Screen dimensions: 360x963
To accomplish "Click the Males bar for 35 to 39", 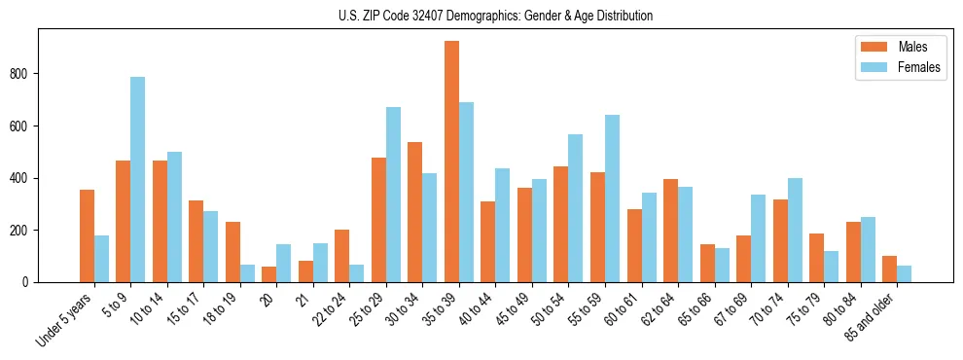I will coord(451,162).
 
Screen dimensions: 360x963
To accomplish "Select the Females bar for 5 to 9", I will coord(138,180).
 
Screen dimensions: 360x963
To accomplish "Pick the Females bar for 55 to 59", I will coord(612,198).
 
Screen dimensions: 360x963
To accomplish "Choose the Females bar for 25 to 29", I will coord(393,195).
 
